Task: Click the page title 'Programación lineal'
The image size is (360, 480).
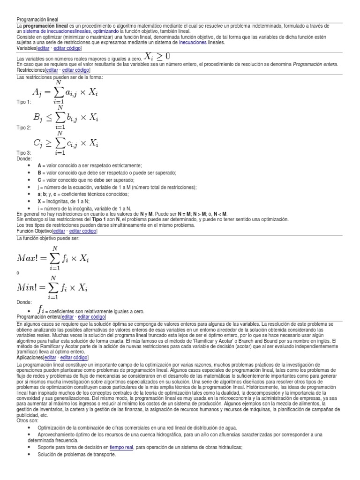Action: coord(37,20)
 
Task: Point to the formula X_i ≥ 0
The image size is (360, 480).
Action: coord(157,56)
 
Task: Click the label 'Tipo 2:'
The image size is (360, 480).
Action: coord(24,127)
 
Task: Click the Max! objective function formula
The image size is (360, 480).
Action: coord(52,258)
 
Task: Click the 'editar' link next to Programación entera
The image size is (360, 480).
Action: coord(67,317)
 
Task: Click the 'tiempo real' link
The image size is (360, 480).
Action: coord(121,447)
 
